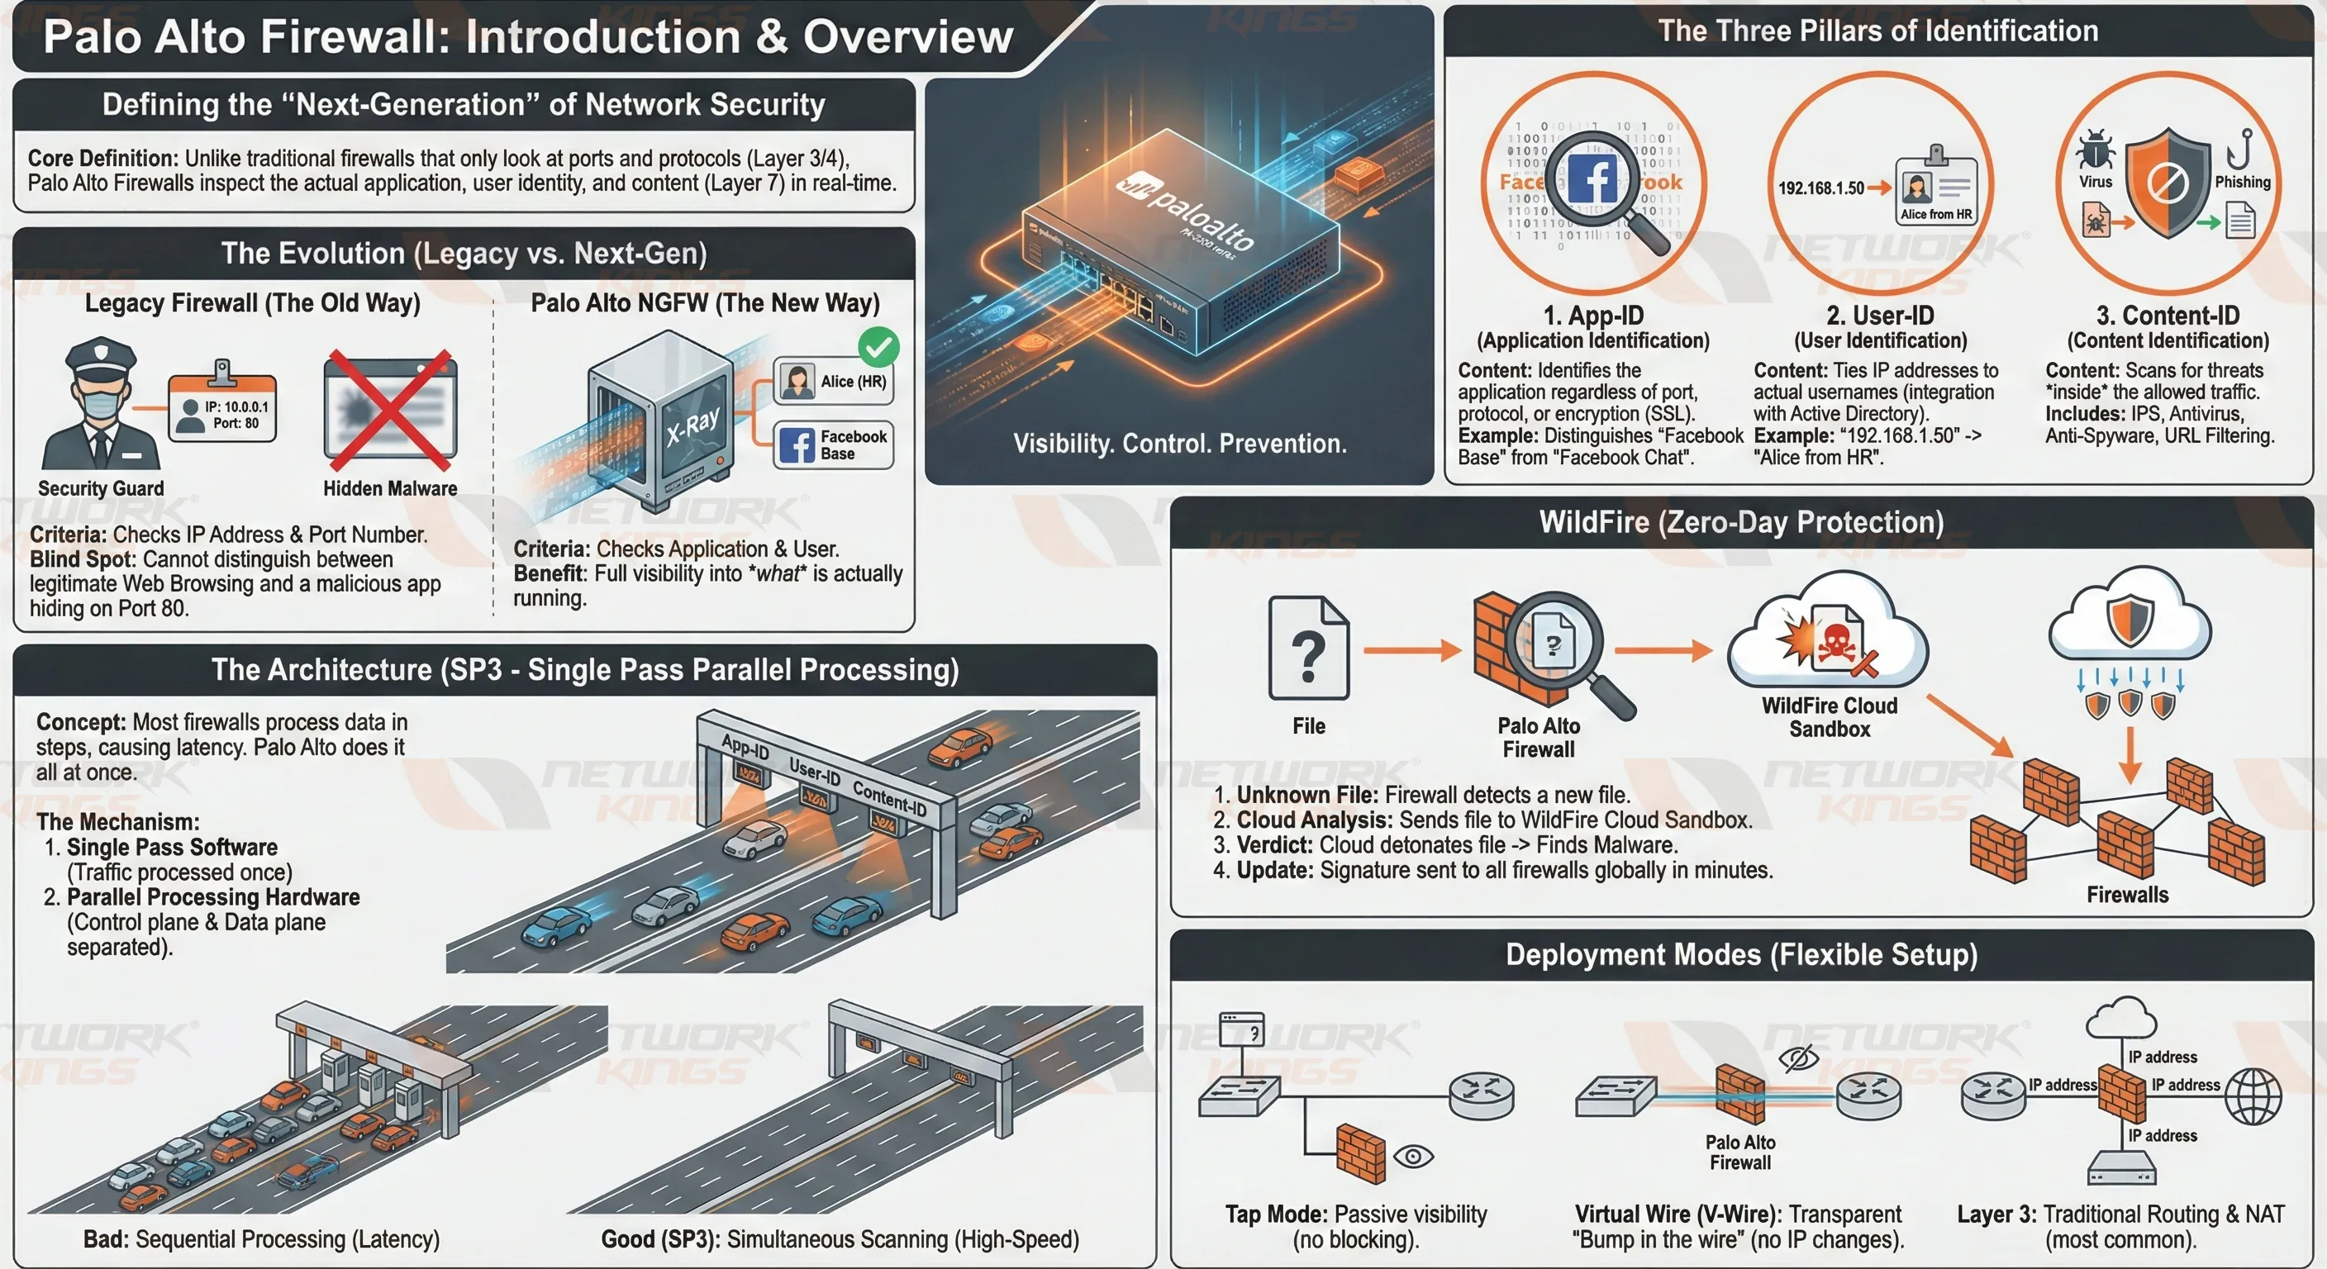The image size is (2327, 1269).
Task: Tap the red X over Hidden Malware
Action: click(390, 410)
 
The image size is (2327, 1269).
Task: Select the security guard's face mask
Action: click(101, 402)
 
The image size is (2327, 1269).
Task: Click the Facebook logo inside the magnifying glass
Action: click(1592, 178)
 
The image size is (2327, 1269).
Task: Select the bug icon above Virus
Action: click(2095, 150)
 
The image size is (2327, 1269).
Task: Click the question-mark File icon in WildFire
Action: click(1309, 649)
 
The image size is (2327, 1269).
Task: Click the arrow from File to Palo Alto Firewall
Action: click(1411, 649)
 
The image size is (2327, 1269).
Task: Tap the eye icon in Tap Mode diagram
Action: click(1414, 1155)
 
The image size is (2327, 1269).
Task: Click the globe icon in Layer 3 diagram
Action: click(2252, 1096)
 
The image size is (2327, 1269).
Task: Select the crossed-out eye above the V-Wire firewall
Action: click(1797, 1057)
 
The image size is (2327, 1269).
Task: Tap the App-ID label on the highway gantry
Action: click(745, 747)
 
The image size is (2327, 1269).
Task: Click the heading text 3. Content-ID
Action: click(2168, 316)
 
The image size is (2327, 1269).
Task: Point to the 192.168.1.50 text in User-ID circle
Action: click(1820, 188)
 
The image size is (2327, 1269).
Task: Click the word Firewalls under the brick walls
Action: click(2126, 894)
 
